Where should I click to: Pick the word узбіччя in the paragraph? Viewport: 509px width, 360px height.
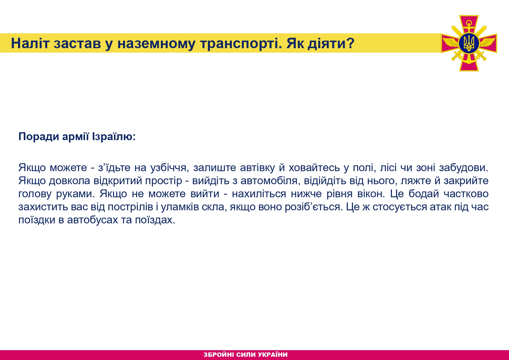click(x=168, y=168)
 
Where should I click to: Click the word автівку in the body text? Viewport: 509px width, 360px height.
click(x=257, y=168)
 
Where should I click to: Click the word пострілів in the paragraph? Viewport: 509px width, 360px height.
click(x=130, y=207)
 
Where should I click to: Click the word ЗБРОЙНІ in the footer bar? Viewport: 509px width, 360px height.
click(x=219, y=354)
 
